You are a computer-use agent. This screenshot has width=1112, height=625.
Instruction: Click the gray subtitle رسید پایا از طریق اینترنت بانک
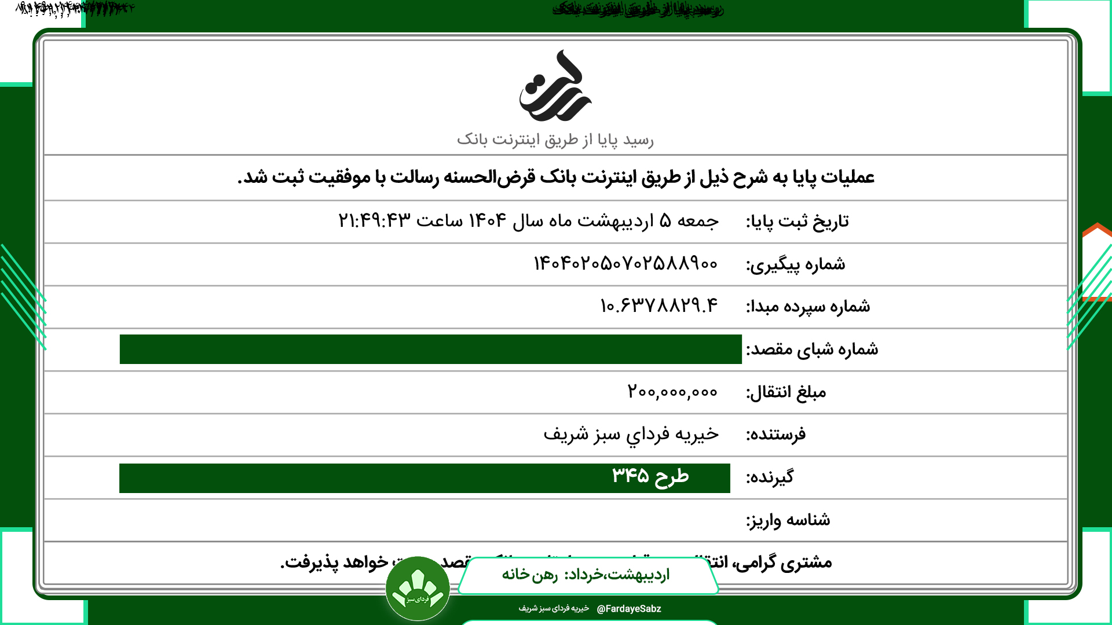(x=555, y=139)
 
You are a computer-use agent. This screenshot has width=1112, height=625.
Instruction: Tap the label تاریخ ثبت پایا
(x=797, y=221)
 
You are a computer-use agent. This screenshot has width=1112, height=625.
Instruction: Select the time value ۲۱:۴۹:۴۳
(x=374, y=220)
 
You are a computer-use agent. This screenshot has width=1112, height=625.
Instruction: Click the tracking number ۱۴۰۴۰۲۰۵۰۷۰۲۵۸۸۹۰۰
(x=625, y=264)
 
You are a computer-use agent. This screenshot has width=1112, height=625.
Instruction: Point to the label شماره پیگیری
(x=795, y=264)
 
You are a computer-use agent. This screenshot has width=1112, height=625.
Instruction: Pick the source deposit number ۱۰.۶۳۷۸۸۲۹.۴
(x=659, y=306)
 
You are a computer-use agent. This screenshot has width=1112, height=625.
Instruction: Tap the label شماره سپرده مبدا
(x=807, y=306)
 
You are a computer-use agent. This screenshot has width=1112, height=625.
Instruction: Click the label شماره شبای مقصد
(x=812, y=349)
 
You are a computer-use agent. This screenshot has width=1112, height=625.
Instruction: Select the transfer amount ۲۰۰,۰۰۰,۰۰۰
(x=672, y=392)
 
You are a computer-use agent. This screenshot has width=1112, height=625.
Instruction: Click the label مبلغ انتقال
(x=786, y=392)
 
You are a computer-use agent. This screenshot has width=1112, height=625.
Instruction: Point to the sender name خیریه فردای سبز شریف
(x=631, y=434)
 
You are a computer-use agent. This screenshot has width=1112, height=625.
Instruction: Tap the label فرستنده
(x=776, y=435)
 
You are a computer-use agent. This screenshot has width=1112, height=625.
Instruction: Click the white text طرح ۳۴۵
(x=650, y=476)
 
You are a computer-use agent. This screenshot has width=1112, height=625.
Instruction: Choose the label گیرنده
(x=770, y=477)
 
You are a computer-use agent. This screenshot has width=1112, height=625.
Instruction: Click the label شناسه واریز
(x=788, y=520)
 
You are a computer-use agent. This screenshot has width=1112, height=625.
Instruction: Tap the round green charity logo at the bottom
(x=418, y=589)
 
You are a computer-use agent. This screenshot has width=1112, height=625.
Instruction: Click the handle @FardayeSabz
(x=628, y=609)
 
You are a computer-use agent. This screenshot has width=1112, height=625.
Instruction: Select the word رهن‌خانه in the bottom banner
(x=529, y=575)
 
